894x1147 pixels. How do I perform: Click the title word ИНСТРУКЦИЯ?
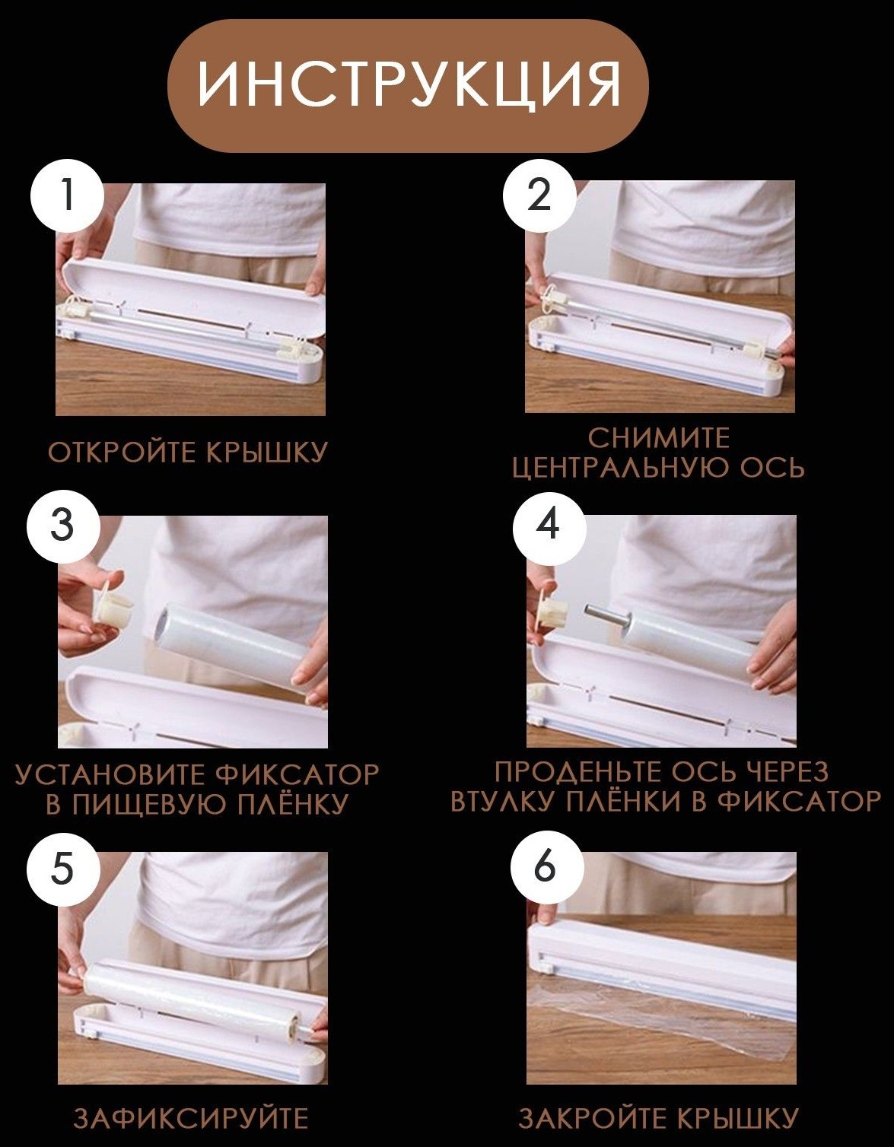point(409,85)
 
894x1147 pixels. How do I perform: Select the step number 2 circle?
point(539,195)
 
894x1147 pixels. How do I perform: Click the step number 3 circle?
point(62,526)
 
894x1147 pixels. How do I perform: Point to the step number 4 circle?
point(548,526)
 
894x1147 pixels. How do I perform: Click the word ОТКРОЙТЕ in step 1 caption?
point(122,453)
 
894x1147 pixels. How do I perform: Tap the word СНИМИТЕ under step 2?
point(659,438)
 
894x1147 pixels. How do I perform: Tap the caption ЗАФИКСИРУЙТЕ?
point(191,1119)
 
